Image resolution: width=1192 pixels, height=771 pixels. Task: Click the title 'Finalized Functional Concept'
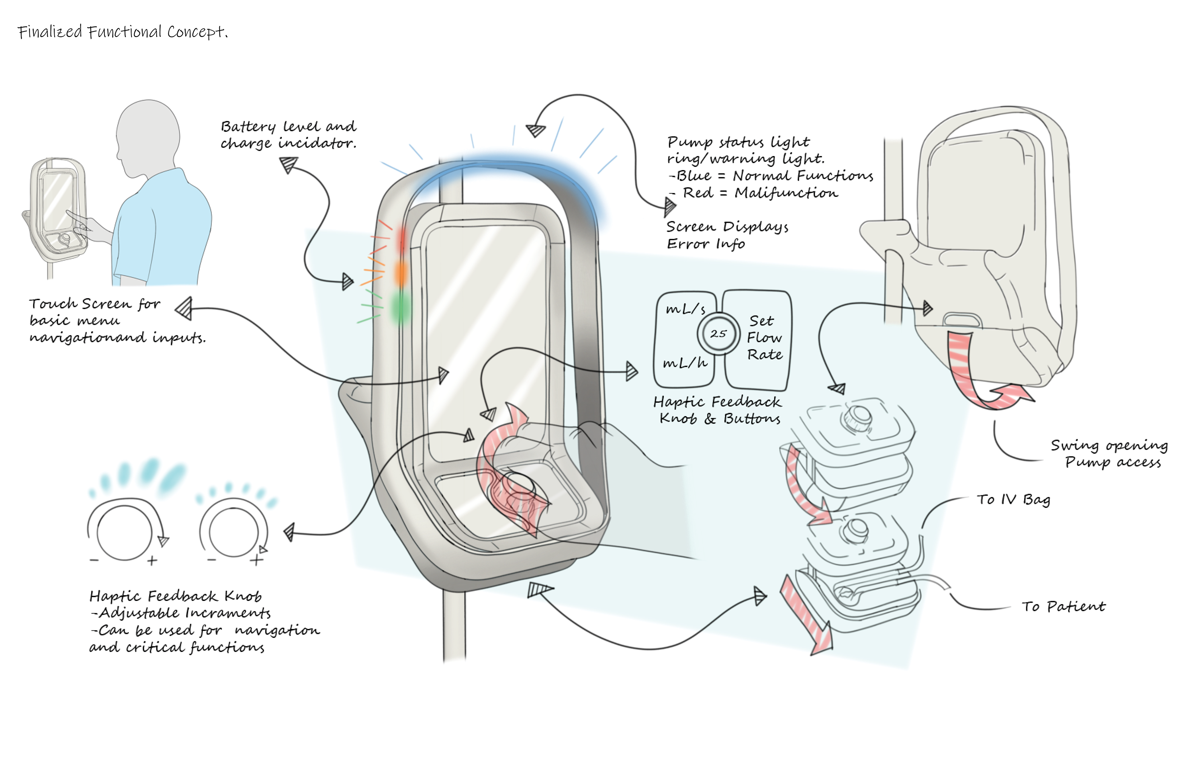123,32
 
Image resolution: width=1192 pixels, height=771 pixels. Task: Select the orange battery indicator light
401,273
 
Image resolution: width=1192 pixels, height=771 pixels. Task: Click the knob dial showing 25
718,334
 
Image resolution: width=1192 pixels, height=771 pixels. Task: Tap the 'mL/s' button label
685,309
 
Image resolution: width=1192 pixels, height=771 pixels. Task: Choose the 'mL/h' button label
685,362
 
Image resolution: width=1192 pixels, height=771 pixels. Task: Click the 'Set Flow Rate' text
764,338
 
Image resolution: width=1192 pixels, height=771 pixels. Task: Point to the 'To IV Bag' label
1013,500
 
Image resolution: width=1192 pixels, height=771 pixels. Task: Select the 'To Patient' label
1063,607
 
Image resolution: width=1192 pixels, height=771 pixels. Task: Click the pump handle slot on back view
962,320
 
